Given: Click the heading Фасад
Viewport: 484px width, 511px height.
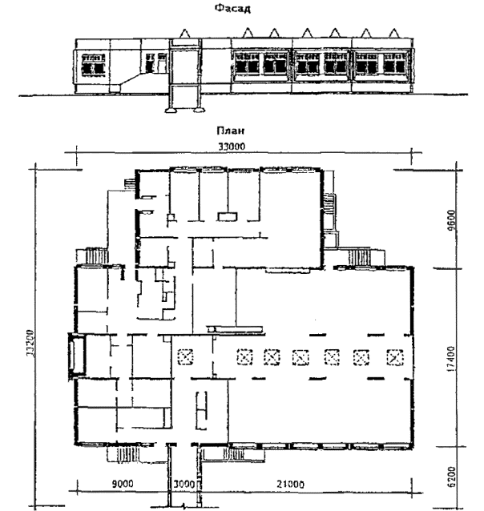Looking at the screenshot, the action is pos(232,8).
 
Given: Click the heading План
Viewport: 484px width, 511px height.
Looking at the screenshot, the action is pos(230,131).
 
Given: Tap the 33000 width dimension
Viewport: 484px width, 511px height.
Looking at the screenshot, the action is pos(232,147).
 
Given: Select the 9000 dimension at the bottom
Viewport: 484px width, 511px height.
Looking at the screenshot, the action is pos(123,484).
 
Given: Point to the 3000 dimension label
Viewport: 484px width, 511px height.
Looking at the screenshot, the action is pos(184,484).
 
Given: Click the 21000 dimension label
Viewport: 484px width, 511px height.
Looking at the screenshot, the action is pos(290,485).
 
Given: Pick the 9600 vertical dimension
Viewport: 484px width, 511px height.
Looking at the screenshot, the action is pos(452,220).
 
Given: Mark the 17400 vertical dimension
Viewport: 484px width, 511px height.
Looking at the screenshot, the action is pos(451,359).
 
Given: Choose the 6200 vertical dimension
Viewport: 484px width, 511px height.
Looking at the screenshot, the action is pos(451,477).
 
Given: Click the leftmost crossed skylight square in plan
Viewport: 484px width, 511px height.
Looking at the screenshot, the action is pos(185,356).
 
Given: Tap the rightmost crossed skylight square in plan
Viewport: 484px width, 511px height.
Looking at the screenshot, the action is pos(394,357).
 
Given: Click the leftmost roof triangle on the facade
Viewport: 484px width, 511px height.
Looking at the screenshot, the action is pos(185,33).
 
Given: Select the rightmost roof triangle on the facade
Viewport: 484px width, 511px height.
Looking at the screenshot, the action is pos(394,33).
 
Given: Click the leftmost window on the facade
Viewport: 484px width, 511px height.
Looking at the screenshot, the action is pos(93,65).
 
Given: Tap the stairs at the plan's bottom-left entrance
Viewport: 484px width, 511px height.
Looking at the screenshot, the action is pos(128,454).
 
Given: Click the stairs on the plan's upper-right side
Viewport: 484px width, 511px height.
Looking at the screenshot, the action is pos(359,258).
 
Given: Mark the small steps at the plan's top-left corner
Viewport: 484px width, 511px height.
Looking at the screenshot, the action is pos(129,184).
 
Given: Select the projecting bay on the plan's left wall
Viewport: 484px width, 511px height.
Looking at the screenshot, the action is pos(77,356).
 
